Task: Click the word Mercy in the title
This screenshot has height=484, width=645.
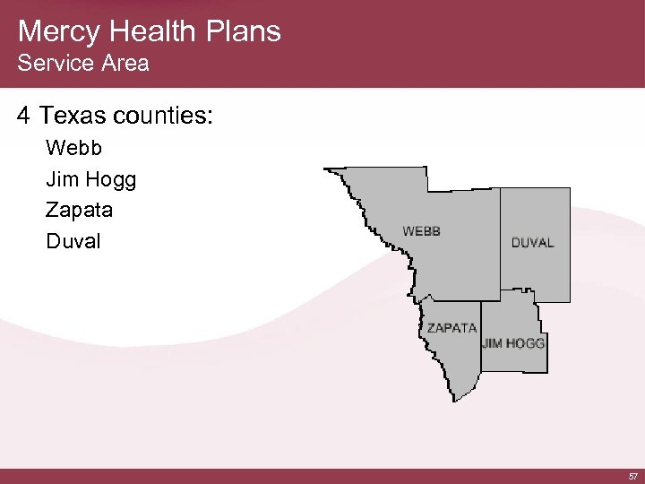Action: (56, 31)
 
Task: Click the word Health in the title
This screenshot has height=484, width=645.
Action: (146, 31)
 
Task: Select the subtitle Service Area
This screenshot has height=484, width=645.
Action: (82, 64)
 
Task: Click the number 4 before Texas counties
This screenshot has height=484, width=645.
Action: (23, 116)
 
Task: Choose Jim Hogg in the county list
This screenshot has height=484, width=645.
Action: (90, 180)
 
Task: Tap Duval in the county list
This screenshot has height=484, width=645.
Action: (73, 241)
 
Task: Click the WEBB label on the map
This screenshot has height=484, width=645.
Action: (421, 230)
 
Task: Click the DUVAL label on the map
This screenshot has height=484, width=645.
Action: (533, 242)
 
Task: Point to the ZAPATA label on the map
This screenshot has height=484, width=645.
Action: (451, 327)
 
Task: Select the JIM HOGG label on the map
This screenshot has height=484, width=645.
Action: (513, 342)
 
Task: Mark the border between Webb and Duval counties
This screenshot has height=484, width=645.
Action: (500, 242)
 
